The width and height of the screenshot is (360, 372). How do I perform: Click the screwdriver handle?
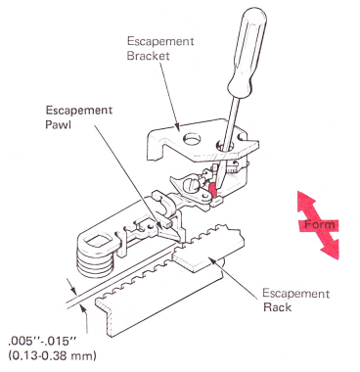pos(247,51)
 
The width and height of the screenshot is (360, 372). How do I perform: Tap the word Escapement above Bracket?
pos(160,42)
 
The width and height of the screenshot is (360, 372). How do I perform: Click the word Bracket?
pos(149,56)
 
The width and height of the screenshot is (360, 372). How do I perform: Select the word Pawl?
pos(59,124)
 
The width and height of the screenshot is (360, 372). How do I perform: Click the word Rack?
pos(277,307)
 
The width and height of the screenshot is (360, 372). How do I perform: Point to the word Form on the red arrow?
pos(320,224)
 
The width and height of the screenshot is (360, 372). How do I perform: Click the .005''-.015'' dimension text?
pos(42,343)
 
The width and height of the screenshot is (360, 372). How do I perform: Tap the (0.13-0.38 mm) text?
pos(53,355)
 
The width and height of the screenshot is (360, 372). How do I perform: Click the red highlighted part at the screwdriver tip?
pos(212,190)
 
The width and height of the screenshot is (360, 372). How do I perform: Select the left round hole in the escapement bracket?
pos(192,139)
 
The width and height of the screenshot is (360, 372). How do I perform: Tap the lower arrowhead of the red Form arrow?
pos(330,249)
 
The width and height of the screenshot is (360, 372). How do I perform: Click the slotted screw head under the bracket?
pos(193,187)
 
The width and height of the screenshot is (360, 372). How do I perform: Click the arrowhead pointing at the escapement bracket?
pos(178,127)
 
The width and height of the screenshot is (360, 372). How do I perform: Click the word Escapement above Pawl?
pos(79,111)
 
